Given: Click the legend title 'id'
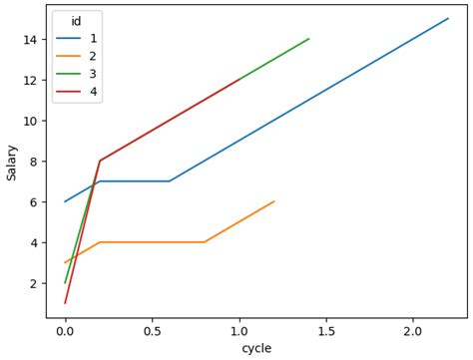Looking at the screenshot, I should tap(76, 21).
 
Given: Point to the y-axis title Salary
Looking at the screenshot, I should tap(12, 161).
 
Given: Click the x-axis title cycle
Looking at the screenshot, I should tap(256, 348).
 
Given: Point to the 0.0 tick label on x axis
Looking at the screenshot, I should tap(65, 330).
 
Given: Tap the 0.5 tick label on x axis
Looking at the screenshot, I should tap(152, 330).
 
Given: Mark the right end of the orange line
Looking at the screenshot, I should tap(274, 201).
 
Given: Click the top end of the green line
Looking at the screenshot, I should tap(309, 39).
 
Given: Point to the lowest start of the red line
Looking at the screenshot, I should tap(65, 303).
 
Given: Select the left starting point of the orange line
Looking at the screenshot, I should tap(65, 262).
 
